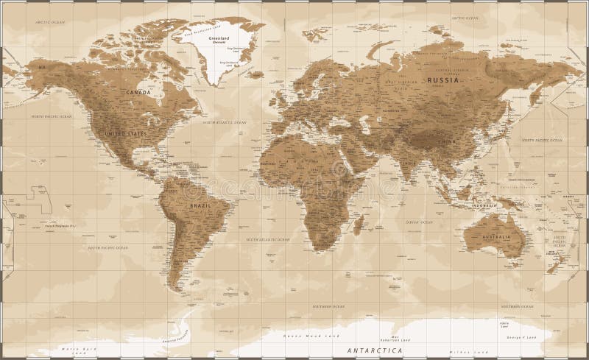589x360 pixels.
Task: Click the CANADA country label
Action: point(138,93)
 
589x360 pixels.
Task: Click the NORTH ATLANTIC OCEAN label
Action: point(224,121)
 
